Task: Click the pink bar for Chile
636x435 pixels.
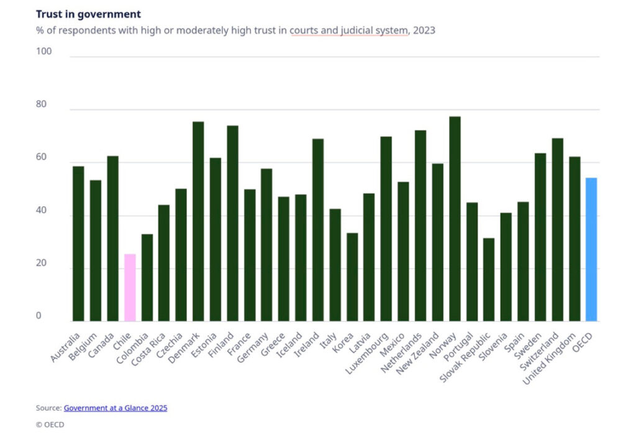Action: coord(130,287)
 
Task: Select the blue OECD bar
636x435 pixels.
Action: coord(591,249)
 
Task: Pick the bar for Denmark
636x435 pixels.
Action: coord(198,221)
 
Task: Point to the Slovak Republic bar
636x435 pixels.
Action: coord(489,280)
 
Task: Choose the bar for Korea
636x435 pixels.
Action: coord(352,277)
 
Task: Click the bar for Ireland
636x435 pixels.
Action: coord(318,230)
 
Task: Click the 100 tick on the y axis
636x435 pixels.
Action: coord(44,52)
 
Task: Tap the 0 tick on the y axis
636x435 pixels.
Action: coord(39,316)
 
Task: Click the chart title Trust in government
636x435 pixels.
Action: coord(88,14)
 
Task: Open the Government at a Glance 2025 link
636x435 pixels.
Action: coord(116,408)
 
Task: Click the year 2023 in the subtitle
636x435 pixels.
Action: coord(424,30)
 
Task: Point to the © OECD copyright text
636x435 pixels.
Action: coord(50,425)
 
